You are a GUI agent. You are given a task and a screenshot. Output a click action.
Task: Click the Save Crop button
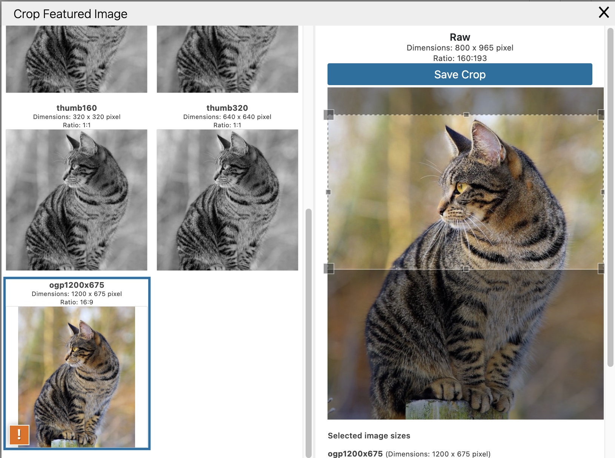click(460, 75)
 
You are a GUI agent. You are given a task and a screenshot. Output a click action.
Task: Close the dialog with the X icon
click(604, 12)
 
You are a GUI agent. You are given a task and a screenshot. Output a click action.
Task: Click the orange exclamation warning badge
click(19, 435)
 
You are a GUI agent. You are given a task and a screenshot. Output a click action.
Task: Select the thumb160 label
click(77, 108)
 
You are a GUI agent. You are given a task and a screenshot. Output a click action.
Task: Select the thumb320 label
click(227, 108)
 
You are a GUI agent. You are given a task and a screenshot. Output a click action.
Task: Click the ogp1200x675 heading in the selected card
click(77, 285)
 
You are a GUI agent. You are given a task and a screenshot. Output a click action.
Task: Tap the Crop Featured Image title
click(71, 14)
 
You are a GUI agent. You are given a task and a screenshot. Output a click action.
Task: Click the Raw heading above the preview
click(460, 37)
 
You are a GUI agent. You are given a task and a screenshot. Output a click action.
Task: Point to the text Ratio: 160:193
click(460, 58)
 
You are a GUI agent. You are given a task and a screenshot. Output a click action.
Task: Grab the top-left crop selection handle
click(329, 115)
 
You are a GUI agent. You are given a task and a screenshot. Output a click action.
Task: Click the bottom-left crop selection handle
click(329, 269)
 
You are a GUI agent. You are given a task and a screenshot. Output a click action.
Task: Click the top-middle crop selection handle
click(466, 114)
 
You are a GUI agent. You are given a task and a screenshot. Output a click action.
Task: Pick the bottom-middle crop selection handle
click(466, 269)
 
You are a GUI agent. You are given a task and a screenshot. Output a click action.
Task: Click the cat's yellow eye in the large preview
click(461, 187)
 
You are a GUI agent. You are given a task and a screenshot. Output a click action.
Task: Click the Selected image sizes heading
click(369, 436)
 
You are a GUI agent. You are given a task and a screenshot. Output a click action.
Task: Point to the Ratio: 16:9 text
click(77, 302)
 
